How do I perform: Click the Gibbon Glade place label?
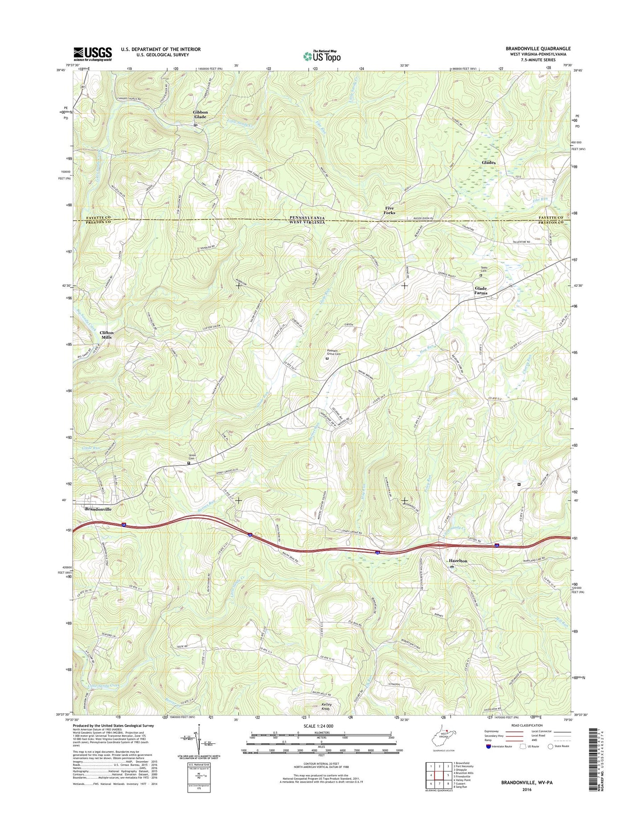point(200,114)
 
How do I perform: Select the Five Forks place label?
point(390,210)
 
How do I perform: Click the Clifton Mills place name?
point(107,335)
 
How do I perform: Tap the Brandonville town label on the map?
point(98,509)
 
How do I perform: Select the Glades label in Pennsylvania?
point(488,163)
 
